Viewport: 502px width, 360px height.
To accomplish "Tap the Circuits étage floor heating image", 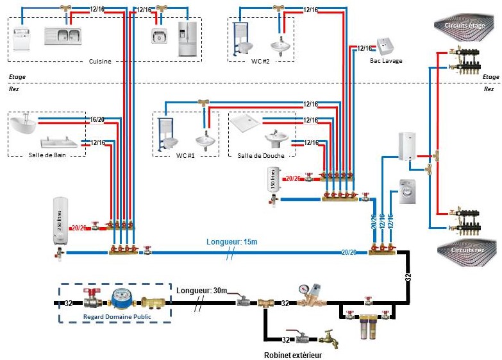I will pyautogui.click(x=467, y=26).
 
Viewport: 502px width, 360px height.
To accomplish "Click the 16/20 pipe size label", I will pyautogui.click(x=97, y=119).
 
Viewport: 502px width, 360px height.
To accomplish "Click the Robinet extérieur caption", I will pyautogui.click(x=292, y=354).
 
